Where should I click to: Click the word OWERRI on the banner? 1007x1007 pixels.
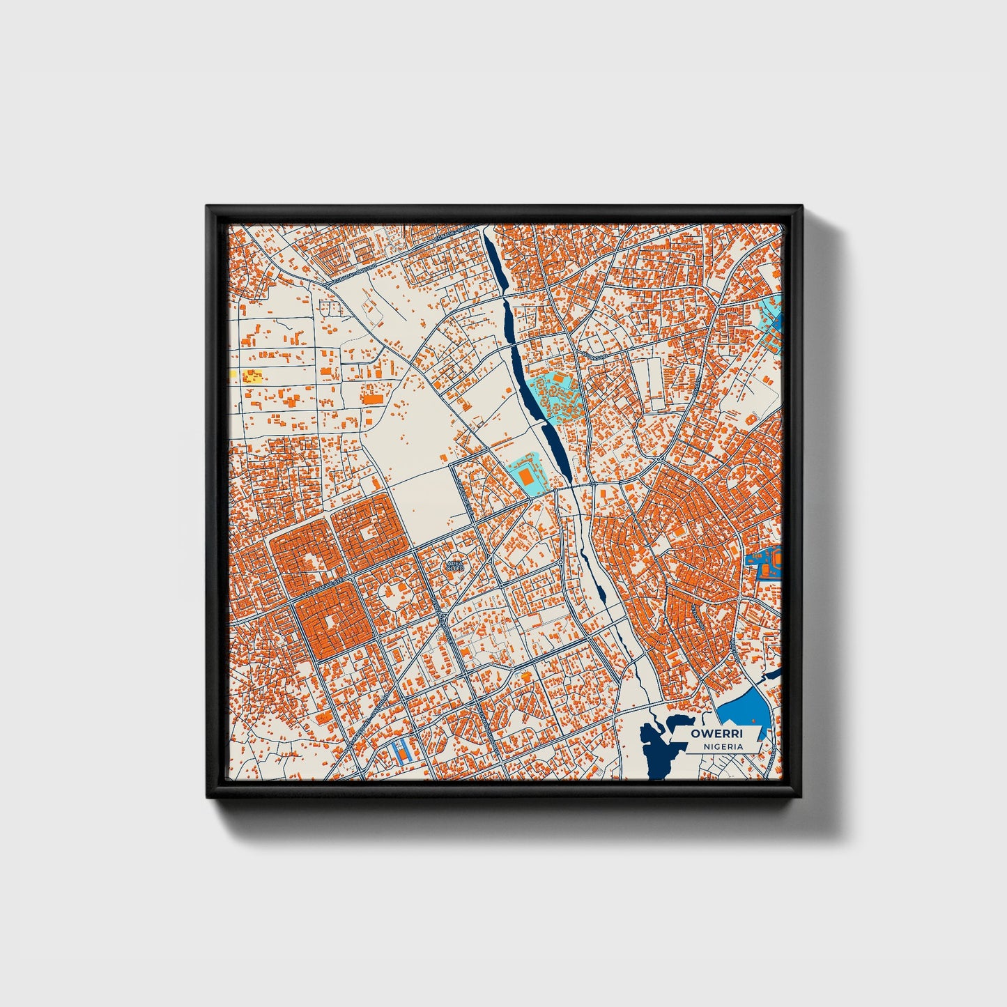716,734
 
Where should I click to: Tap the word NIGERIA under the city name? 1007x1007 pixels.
723,746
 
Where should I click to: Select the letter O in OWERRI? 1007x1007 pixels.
695,734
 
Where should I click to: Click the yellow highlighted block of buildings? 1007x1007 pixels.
252,377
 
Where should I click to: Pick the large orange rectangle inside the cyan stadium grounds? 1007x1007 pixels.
528,477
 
